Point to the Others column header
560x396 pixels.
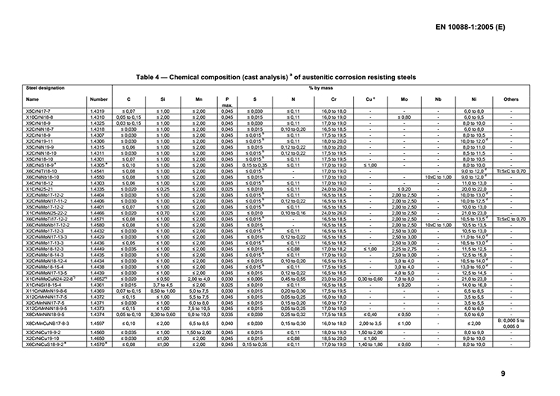click(x=511, y=99)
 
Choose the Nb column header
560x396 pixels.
click(x=438, y=99)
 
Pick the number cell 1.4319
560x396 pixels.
click(x=97, y=111)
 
